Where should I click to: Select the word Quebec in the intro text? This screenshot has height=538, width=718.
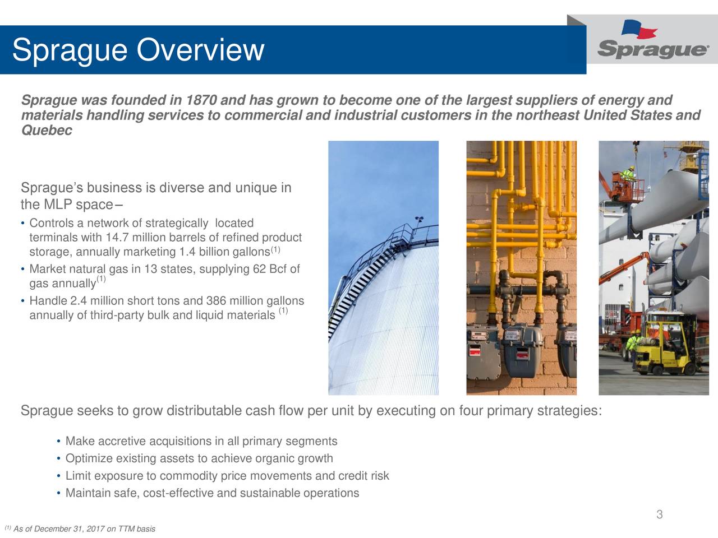[46, 131]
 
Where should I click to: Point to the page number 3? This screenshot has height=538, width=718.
[660, 514]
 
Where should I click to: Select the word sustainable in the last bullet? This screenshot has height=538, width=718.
[269, 493]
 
